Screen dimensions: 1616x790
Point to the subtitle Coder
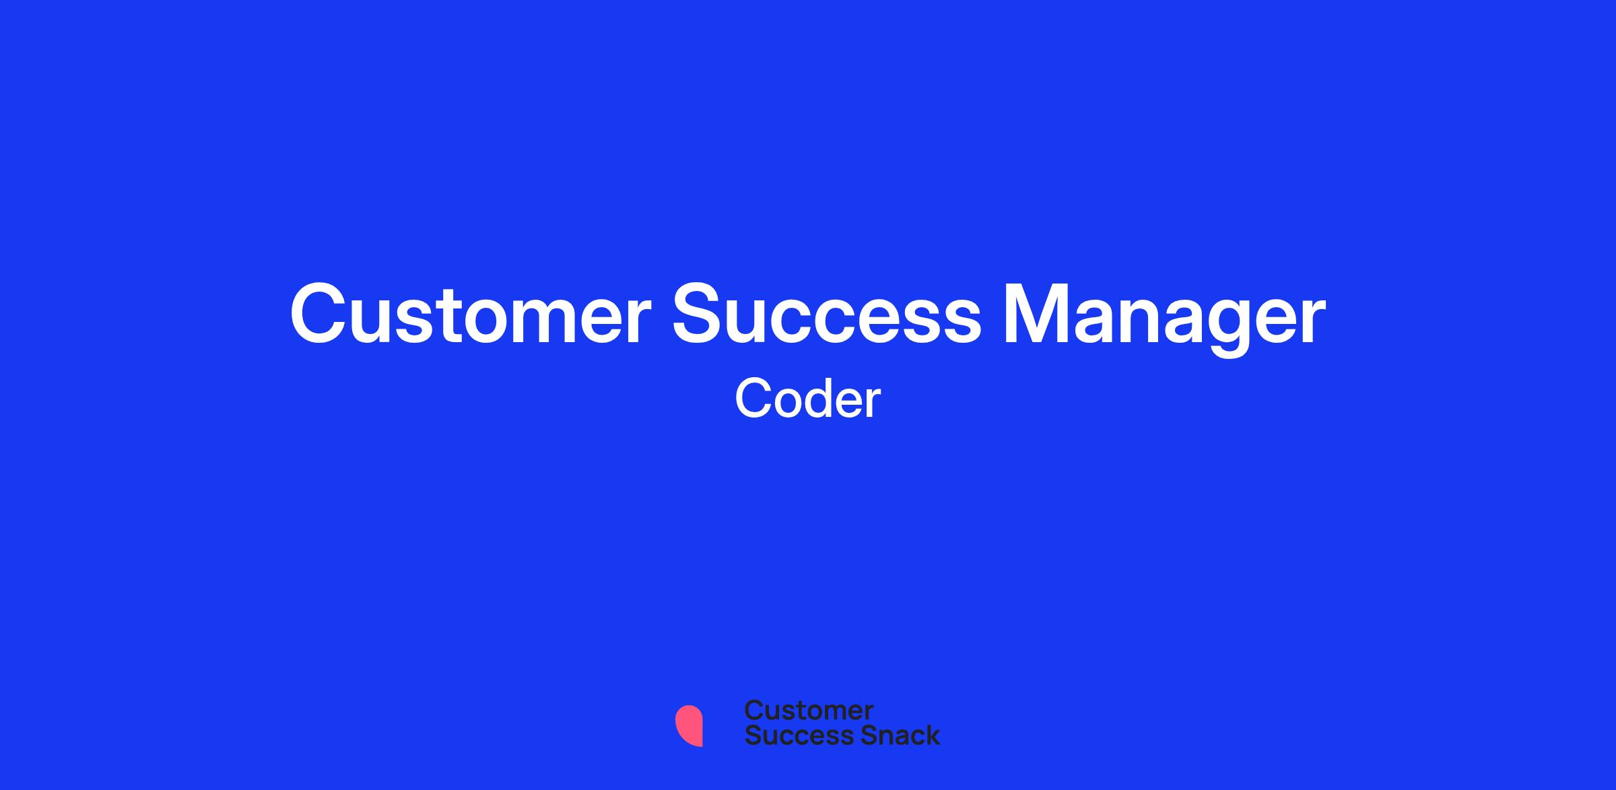coord(807,399)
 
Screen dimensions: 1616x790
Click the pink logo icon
coord(689,725)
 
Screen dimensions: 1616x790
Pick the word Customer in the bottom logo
coord(809,710)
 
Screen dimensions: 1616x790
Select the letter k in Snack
coord(933,735)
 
